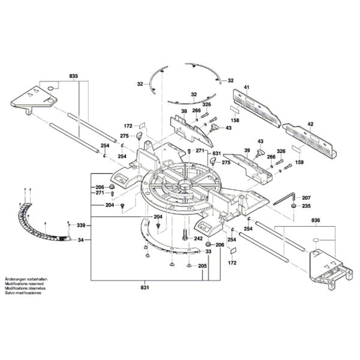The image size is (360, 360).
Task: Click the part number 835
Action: click(x=74, y=76)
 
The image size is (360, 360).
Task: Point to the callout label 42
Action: click(x=310, y=124)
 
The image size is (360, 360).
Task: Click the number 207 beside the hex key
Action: click(x=306, y=197)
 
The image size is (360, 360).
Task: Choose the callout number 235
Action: click(x=306, y=206)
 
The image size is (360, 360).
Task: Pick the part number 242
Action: click(x=198, y=238)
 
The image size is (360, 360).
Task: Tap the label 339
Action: click(x=80, y=225)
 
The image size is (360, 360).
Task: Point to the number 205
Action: click(x=202, y=265)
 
